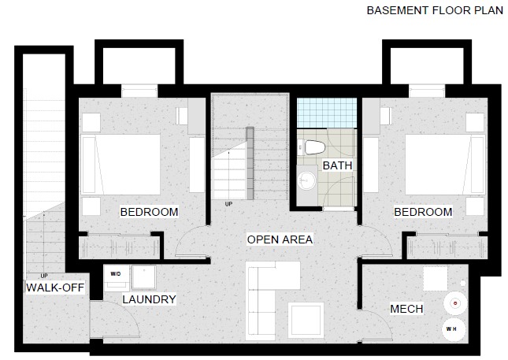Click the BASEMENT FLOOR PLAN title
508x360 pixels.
click(x=435, y=10)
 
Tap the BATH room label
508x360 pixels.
click(x=337, y=165)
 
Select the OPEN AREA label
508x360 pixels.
click(x=280, y=239)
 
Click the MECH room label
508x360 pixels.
click(x=406, y=309)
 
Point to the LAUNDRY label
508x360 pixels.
click(x=149, y=299)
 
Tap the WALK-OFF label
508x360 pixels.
click(x=55, y=288)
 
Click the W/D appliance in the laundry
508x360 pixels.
click(x=117, y=278)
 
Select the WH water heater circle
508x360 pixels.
click(x=454, y=329)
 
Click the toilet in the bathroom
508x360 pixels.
click(x=313, y=148)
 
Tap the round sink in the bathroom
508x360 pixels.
click(x=306, y=180)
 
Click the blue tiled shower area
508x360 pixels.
click(x=327, y=113)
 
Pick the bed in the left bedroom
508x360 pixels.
click(x=121, y=165)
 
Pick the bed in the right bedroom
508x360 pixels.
click(x=445, y=165)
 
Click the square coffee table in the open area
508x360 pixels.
click(x=306, y=320)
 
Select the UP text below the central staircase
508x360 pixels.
click(x=228, y=204)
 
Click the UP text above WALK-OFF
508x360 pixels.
click(x=44, y=276)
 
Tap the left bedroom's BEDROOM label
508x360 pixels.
click(x=149, y=212)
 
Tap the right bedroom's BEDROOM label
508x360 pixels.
click(x=423, y=212)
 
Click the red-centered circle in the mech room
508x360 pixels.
click(x=455, y=303)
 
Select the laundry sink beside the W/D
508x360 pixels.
click(x=144, y=277)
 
